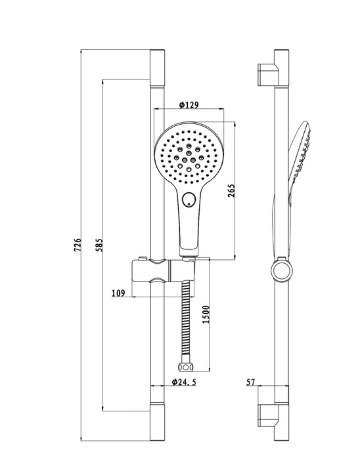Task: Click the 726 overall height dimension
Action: click(78, 244)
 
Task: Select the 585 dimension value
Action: click(99, 245)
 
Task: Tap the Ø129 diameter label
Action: click(189, 105)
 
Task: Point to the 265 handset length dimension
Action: click(231, 190)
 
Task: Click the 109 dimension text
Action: click(118, 293)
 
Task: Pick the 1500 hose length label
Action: click(206, 314)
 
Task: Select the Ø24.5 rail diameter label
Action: click(184, 382)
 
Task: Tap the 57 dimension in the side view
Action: click(251, 382)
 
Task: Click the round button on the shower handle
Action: click(188, 200)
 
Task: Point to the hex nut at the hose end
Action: click(185, 368)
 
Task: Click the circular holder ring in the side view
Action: click(282, 270)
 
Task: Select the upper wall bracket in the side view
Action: click(269, 75)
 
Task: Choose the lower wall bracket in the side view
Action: click(269, 415)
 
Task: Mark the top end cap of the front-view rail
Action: click(157, 68)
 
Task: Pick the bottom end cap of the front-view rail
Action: click(157, 421)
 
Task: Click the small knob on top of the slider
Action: click(143, 259)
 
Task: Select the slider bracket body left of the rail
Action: click(141, 271)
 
